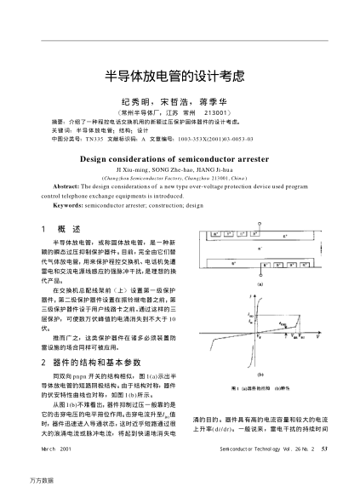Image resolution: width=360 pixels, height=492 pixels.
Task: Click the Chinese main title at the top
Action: coord(180,74)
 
